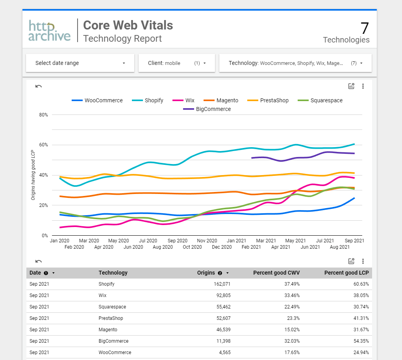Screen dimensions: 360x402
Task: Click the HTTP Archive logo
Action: [x=50, y=31]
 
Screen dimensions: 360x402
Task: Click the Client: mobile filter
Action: [x=177, y=63]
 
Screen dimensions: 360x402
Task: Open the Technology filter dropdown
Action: [x=295, y=63]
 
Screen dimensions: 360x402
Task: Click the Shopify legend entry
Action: [x=154, y=100]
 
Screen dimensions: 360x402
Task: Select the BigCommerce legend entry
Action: [x=213, y=109]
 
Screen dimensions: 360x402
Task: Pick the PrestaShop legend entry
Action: [x=274, y=100]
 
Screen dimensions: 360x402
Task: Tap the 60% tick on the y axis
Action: [x=43, y=145]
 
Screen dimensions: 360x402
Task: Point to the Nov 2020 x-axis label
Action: [x=207, y=240]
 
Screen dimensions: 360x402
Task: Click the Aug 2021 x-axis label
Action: [x=339, y=247]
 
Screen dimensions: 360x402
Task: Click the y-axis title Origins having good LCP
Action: [x=33, y=175]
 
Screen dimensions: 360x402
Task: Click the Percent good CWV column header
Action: [x=276, y=273]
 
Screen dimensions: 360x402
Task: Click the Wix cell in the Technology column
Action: [x=102, y=295]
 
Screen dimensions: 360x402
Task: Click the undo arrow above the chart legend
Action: [x=39, y=86]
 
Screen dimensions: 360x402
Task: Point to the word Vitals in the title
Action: [x=156, y=25]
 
